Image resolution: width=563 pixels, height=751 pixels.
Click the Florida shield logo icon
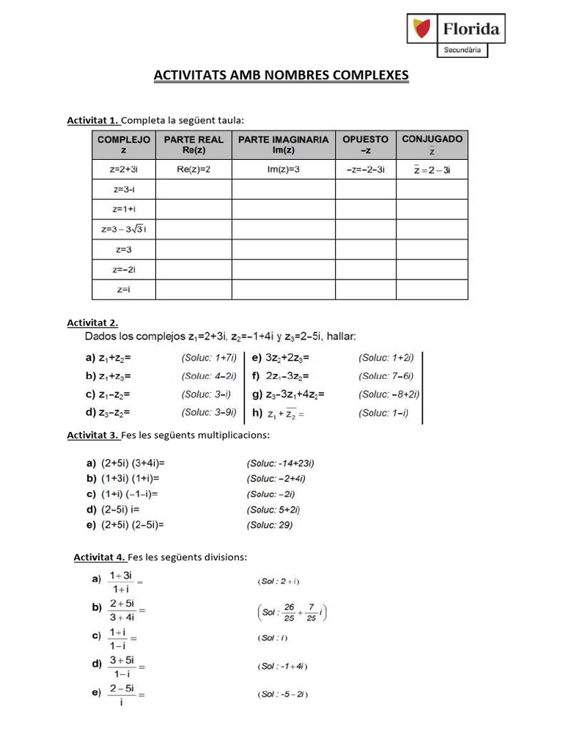pos(423,29)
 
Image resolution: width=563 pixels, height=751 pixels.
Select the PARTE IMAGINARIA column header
pos(284,144)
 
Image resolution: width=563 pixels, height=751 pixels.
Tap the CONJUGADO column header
pos(432,144)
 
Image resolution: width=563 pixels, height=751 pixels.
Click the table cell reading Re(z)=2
pos(194,169)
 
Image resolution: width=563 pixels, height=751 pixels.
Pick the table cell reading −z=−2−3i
pos(365,169)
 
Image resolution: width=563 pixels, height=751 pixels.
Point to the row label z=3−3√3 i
pos(123,230)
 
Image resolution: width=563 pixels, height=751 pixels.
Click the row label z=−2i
pos(123,270)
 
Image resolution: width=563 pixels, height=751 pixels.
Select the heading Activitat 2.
pos(92,323)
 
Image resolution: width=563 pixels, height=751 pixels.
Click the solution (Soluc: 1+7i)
pos(209,358)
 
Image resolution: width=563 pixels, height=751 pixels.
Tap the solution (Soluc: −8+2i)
pos(389,395)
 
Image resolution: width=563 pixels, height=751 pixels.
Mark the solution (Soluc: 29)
pos(271,524)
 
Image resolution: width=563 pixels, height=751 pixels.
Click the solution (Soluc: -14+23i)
pos(280,463)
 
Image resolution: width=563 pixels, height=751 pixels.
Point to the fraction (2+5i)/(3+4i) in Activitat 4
pos(122,610)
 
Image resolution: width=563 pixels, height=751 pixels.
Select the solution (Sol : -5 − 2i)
pos(282,694)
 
